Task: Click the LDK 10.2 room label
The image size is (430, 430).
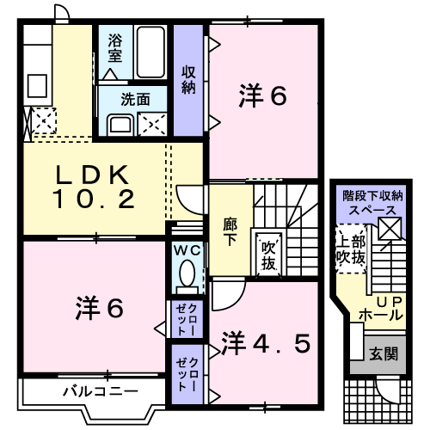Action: (93, 187)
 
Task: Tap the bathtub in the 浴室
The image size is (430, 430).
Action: (150, 52)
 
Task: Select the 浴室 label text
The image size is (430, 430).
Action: (115, 48)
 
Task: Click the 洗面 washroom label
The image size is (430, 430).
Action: (135, 100)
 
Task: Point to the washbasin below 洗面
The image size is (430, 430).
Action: (120, 125)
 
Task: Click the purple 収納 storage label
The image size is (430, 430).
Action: (188, 80)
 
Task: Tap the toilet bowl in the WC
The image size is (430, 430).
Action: (187, 273)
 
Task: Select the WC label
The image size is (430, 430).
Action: (187, 251)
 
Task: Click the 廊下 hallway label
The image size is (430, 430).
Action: (230, 232)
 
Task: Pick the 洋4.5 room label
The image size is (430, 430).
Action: (266, 343)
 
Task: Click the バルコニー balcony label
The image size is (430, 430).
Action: (101, 391)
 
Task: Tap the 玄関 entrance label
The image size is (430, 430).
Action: (384, 354)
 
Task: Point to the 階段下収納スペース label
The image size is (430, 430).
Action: (372, 203)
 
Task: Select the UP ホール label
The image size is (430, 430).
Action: (382, 309)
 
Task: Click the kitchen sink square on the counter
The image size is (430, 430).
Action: (37, 86)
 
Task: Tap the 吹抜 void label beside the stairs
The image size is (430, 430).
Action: (268, 255)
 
